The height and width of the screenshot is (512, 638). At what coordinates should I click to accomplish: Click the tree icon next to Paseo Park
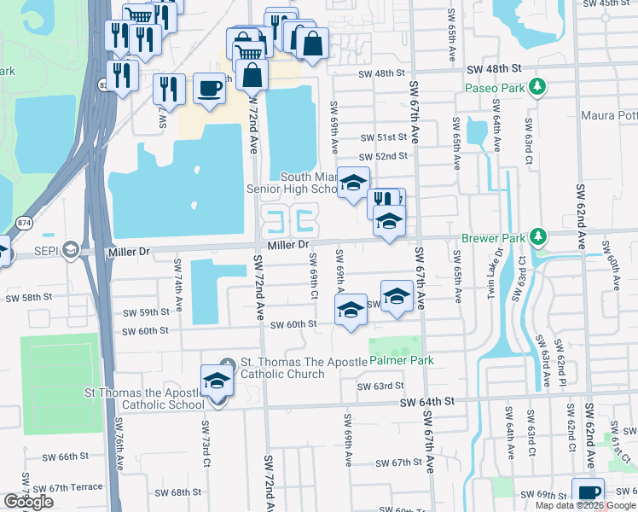click(x=537, y=87)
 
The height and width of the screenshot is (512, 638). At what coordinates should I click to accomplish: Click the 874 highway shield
click(x=24, y=222)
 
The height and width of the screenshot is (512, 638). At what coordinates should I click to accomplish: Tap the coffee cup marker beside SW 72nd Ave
click(x=209, y=88)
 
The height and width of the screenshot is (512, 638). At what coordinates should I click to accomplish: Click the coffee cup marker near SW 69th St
click(x=589, y=493)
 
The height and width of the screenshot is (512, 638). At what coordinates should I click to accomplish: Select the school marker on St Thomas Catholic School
click(x=217, y=381)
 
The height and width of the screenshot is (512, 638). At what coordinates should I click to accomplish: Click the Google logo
click(x=29, y=502)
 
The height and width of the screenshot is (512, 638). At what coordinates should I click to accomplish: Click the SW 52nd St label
click(x=383, y=156)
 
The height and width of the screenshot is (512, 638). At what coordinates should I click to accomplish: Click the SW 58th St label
click(x=29, y=298)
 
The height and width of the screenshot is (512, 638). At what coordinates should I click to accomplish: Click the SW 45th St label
click(x=610, y=3)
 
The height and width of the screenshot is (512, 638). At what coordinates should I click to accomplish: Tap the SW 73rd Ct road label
click(x=206, y=444)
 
